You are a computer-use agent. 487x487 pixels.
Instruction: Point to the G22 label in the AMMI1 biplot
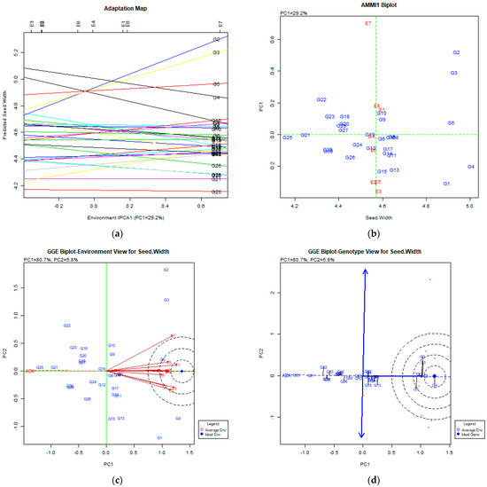pyautogui.click(x=321, y=100)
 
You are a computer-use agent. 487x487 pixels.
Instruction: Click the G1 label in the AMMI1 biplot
pyautogui.click(x=447, y=184)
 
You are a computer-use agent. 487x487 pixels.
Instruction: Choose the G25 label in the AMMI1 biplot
pyautogui.click(x=288, y=137)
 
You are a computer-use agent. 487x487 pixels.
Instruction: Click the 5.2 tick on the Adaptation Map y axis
pyautogui.click(x=18, y=52)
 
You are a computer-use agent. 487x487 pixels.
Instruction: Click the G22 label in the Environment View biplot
pyautogui.click(x=66, y=326)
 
